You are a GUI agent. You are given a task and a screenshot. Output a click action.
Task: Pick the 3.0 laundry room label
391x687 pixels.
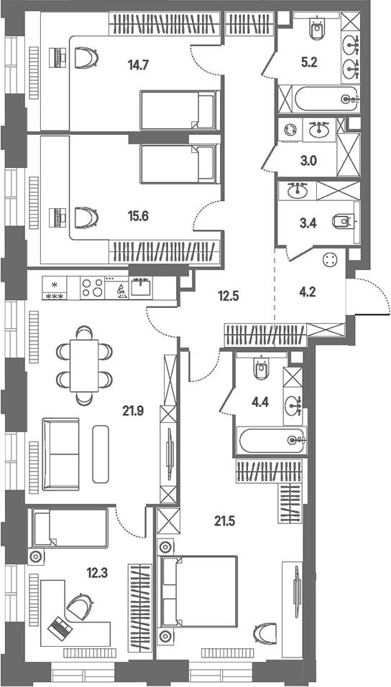(309, 161)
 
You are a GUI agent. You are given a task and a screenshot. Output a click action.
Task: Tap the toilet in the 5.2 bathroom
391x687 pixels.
(316, 27)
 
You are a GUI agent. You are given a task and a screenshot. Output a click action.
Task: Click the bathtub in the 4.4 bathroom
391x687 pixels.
(271, 440)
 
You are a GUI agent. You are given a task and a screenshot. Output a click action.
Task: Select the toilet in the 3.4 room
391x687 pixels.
(344, 222)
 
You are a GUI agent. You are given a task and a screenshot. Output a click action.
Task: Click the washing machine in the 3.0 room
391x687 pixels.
(290, 130)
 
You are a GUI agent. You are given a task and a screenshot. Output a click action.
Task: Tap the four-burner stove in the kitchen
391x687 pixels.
(92, 288)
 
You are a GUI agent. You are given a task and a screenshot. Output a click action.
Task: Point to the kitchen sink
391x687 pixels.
(141, 287)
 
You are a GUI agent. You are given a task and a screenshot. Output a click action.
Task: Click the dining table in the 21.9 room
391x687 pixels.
(84, 366)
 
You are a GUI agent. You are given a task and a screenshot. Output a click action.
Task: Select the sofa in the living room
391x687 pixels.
(61, 454)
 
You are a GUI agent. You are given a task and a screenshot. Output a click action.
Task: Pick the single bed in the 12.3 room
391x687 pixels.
(68, 528)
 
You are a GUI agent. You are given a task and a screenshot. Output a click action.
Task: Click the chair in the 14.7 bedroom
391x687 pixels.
(86, 58)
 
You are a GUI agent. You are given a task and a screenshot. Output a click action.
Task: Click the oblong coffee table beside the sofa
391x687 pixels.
(101, 454)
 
